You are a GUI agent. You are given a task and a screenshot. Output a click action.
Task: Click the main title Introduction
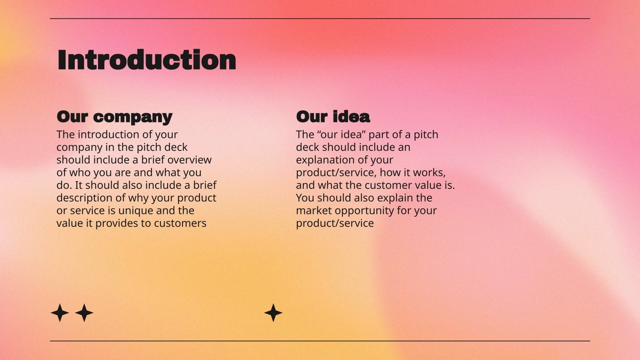click(147, 60)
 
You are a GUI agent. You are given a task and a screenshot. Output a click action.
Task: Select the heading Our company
click(114, 117)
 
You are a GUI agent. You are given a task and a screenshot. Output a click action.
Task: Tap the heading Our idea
click(333, 117)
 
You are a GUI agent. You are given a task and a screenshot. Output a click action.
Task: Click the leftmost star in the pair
click(60, 313)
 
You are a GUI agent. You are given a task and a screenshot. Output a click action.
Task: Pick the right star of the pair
click(84, 313)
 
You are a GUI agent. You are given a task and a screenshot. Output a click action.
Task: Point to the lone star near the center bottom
click(273, 313)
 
